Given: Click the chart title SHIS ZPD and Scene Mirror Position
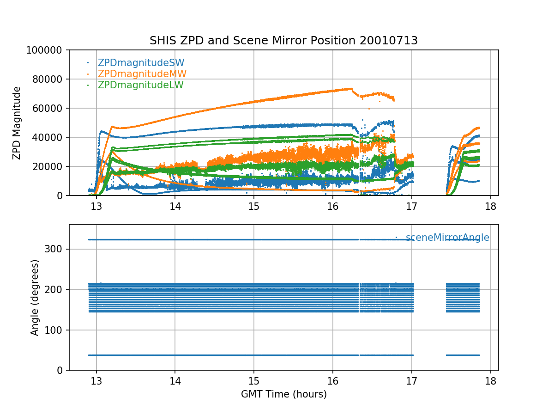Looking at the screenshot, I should click(x=283, y=41).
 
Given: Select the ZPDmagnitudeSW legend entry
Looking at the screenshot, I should click(x=141, y=63).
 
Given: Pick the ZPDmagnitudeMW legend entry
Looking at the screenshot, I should click(x=142, y=74).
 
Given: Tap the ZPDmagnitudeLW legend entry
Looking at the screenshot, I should click(x=140, y=85).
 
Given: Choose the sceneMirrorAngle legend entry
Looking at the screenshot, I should click(x=447, y=238).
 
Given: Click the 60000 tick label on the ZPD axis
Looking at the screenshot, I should click(x=51, y=108).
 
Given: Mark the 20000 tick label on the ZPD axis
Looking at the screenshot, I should click(x=51, y=166).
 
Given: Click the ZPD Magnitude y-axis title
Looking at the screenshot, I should click(x=17, y=123).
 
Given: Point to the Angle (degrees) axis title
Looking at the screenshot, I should click(x=35, y=297).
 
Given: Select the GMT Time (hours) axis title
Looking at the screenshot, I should click(x=283, y=394).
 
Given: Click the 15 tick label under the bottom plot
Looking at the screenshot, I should click(x=254, y=381).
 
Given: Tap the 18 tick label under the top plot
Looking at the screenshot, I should click(x=490, y=207).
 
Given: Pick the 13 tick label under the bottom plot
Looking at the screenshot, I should click(x=96, y=381).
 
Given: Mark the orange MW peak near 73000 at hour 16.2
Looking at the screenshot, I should click(x=349, y=88).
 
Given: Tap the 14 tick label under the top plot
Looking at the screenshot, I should click(x=175, y=207).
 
